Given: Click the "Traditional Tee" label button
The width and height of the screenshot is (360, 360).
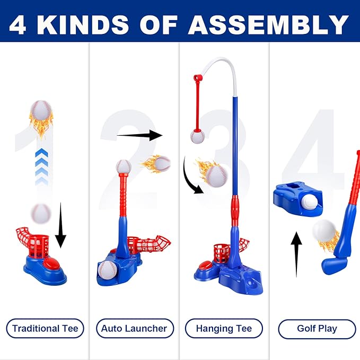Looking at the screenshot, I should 45,328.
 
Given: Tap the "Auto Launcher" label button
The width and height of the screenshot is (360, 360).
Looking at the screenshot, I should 134,328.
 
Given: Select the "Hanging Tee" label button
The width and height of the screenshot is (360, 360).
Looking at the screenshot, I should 224,328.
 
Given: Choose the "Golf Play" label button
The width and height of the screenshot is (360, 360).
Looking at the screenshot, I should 317,328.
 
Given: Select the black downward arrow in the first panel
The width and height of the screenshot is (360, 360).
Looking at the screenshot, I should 60,225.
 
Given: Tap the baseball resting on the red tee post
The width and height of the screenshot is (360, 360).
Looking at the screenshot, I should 123,168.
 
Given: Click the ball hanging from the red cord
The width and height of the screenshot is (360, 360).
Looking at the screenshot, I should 198,137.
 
